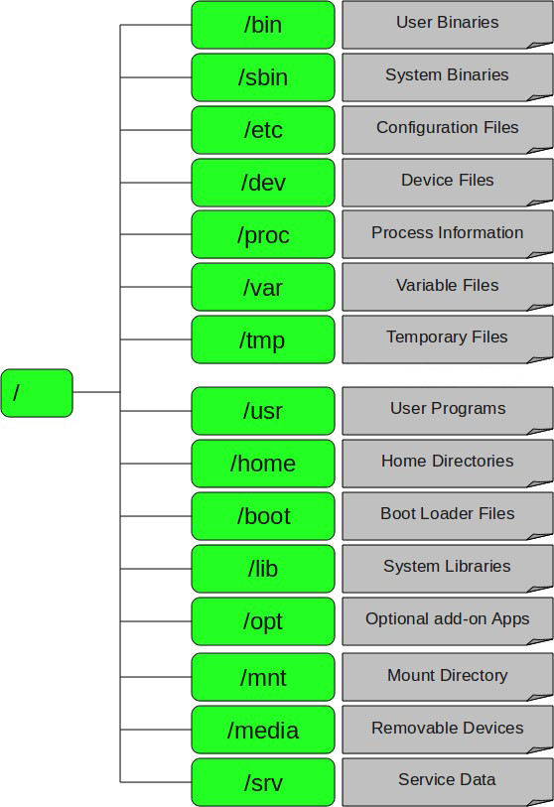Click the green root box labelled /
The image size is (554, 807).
tap(37, 393)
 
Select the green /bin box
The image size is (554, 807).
tap(263, 25)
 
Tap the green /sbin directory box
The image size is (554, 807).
tap(263, 77)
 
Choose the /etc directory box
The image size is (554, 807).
tap(263, 130)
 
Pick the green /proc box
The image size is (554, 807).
tap(263, 234)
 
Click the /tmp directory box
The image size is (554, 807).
tap(263, 339)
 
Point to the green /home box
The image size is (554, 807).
tap(263, 464)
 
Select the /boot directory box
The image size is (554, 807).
tap(263, 516)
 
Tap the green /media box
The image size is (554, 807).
tap(263, 730)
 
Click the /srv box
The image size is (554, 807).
tap(263, 782)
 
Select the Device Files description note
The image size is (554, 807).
tap(448, 183)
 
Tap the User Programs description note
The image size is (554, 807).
tap(448, 411)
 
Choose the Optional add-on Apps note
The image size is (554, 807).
tap(448, 621)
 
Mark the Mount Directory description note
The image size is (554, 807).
tap(448, 677)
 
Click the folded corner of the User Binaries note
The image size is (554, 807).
tap(541, 46)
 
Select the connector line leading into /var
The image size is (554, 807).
tap(156, 287)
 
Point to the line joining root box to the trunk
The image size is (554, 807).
tap(96, 392)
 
